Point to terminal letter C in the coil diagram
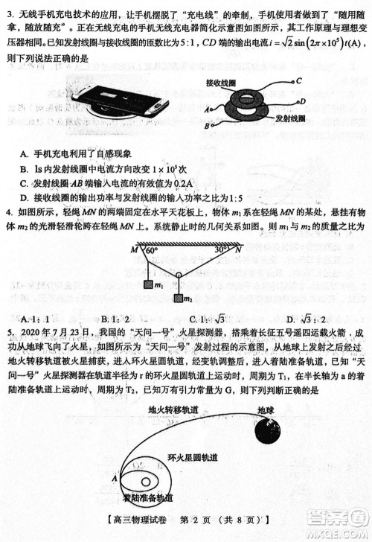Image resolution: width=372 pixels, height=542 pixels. pyautogui.click(x=298, y=79)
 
